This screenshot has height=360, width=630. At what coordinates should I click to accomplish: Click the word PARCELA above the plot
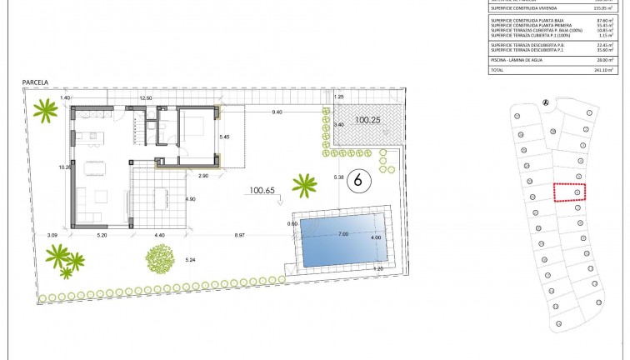coord(37,82)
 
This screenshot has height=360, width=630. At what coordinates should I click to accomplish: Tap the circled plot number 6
coord(357,178)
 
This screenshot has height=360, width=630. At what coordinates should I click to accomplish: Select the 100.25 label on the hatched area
coord(367,120)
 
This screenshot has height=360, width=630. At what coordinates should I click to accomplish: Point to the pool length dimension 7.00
coord(342,234)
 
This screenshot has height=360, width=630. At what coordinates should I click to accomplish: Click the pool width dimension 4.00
coord(375,237)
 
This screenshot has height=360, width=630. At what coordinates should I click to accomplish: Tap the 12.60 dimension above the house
coord(146,98)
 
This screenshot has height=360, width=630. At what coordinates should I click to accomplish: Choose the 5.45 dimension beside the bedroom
coord(223,135)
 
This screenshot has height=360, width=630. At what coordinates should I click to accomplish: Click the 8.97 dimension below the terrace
coord(240,236)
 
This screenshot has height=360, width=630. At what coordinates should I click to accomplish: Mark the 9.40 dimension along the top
coord(277,112)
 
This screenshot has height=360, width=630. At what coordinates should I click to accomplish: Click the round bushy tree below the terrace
coord(158,259)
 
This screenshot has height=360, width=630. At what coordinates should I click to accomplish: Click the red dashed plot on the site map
coord(569,192)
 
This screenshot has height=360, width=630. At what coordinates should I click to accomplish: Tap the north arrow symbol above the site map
coord(545,102)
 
